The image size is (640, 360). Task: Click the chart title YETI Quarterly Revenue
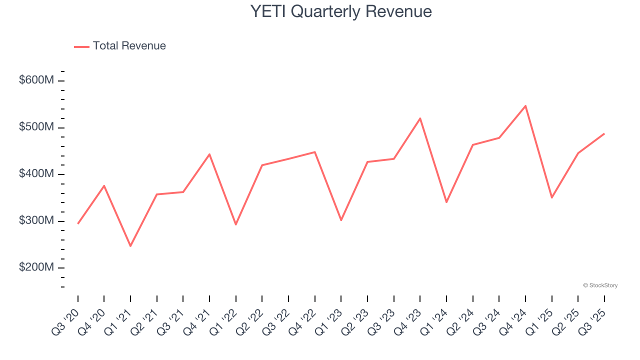click(341, 11)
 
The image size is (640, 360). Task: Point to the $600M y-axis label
click(36, 80)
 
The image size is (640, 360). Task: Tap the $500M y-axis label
click(36, 127)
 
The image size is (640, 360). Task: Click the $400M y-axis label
click(36, 174)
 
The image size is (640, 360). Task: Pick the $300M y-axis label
click(36, 221)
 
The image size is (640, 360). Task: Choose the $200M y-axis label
click(36, 267)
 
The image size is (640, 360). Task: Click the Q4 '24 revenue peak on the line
click(525, 105)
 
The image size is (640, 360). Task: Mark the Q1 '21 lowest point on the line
click(130, 246)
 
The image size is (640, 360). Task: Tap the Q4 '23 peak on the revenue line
click(420, 118)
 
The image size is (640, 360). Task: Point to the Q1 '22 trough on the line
click(236, 224)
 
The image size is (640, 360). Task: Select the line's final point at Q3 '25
click(604, 133)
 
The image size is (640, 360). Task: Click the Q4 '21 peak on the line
click(209, 154)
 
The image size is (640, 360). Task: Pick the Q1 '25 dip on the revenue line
click(551, 198)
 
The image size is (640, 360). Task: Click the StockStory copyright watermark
click(600, 285)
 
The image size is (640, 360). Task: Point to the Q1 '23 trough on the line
click(341, 220)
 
